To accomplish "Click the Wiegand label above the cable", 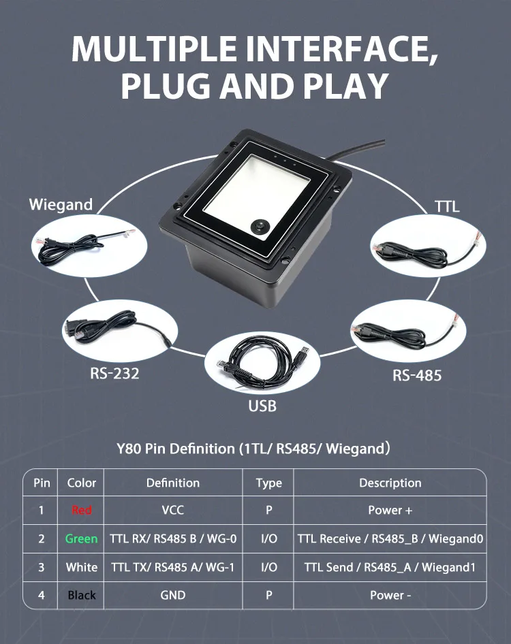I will pos(61,204).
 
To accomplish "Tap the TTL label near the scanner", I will pos(447,206).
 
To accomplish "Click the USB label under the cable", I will pos(262,406).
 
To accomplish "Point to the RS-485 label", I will pos(417,375).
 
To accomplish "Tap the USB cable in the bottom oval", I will pos(262,364).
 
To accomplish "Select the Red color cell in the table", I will pos(82,511).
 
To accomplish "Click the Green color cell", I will pos(82,538).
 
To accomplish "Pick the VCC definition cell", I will pos(173,511).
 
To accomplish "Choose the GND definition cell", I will pos(173,595).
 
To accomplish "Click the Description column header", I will pos(390,483).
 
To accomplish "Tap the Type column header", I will pos(268,483).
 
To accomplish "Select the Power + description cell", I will pos(390,511).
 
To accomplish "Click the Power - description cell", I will pos(390,595).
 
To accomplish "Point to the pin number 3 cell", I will pos(42,567).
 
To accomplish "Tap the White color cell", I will pos(82,567).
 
